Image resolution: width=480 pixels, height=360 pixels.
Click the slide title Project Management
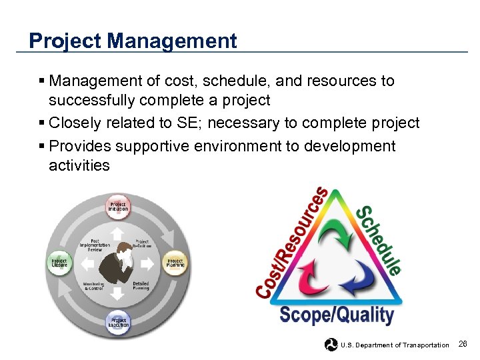point(133,41)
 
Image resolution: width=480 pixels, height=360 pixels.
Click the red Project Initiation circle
point(118,207)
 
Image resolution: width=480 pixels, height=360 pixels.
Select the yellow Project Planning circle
point(175,263)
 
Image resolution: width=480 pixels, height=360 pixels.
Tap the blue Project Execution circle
point(118,323)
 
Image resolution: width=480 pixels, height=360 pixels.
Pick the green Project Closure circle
point(60,263)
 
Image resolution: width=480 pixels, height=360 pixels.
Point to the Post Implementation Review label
point(95,245)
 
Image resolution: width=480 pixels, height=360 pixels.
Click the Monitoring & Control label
point(93,286)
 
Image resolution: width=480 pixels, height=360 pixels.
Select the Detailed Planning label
point(141,286)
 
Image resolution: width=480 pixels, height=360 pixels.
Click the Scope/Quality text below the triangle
point(336,315)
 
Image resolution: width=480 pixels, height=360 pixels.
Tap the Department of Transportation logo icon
point(331,345)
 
